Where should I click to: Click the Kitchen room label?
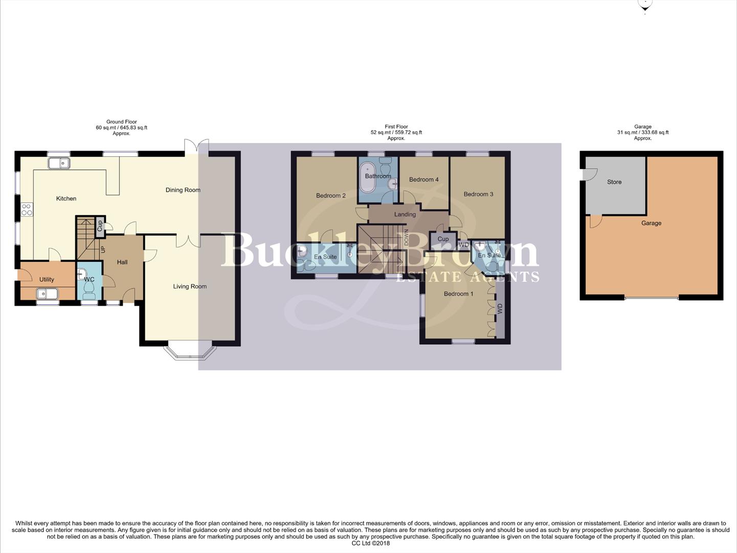[x=66, y=199]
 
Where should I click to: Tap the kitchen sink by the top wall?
[x=59, y=163]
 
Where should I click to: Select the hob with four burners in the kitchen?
[x=27, y=209]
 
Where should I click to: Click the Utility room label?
[x=47, y=280]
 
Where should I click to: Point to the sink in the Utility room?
[x=47, y=294]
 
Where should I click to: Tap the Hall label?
[x=122, y=262]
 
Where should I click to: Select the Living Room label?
[x=190, y=287]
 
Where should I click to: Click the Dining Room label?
[x=183, y=190]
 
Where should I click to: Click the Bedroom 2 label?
[x=330, y=196]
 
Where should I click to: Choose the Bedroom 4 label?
[x=423, y=180]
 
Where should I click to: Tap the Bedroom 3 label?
[x=478, y=194]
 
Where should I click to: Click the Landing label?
[x=405, y=215]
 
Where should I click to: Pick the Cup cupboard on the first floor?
[x=443, y=239]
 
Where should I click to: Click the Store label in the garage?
[x=614, y=182]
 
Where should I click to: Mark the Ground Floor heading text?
[x=121, y=122]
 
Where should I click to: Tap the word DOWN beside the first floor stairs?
[x=407, y=238]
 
